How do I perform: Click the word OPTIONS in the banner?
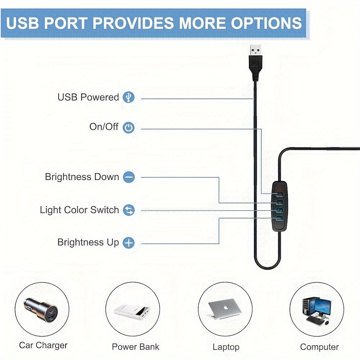coord(266,23)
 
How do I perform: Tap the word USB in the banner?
coord(22,23)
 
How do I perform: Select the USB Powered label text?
coord(88,97)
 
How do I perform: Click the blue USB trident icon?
coord(129,97)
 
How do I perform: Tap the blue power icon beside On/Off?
coord(129,128)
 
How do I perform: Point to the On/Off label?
coord(104,126)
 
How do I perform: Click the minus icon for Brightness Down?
coord(129,177)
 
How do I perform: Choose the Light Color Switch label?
coord(80,210)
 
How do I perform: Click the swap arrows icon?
coord(129,210)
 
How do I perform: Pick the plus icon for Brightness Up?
coord(129,243)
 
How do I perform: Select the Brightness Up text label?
coord(88,242)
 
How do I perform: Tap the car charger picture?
coord(41,310)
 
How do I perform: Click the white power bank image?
coord(132,312)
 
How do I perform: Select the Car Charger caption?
coord(43,345)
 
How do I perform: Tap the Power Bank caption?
coord(135,347)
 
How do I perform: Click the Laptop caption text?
coord(226,347)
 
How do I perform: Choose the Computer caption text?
coord(319,347)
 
